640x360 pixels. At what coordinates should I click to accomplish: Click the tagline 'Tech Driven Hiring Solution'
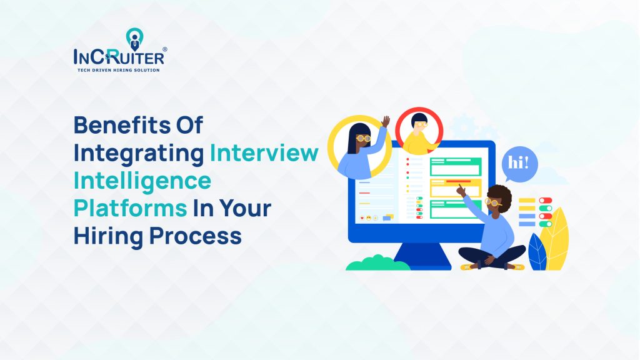[118, 70]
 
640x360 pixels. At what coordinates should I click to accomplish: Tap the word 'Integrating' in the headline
[139, 153]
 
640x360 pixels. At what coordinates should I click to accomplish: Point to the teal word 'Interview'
[264, 153]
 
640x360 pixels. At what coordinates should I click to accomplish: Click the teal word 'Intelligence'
[142, 181]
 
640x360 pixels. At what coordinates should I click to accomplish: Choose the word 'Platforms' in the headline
[131, 209]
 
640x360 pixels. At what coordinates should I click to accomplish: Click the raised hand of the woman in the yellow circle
[386, 121]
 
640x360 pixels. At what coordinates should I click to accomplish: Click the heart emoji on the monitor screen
[362, 217]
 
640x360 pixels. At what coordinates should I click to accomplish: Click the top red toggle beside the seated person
[546, 201]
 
